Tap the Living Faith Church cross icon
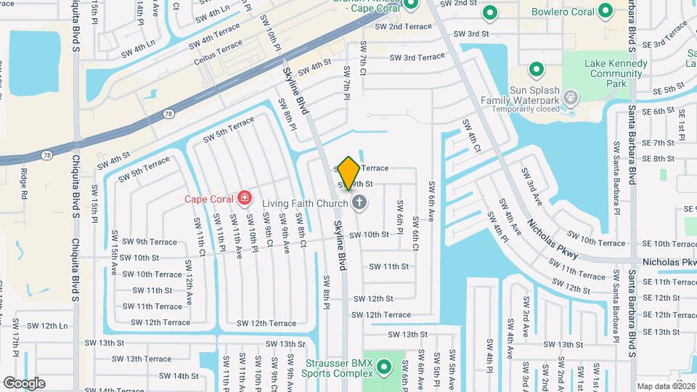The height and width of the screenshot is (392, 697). [x=359, y=203]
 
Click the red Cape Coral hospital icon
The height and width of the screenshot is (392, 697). [x=245, y=197]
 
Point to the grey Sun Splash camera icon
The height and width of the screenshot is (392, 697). [x=571, y=96]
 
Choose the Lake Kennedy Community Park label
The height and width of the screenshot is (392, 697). [x=616, y=74]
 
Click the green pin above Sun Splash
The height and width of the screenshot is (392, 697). [x=537, y=70]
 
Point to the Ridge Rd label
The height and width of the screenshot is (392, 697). [x=23, y=185]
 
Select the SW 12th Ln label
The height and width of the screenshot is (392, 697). [x=49, y=326]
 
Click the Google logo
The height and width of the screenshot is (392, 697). [x=24, y=383]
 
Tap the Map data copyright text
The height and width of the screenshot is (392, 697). [x=664, y=386]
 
